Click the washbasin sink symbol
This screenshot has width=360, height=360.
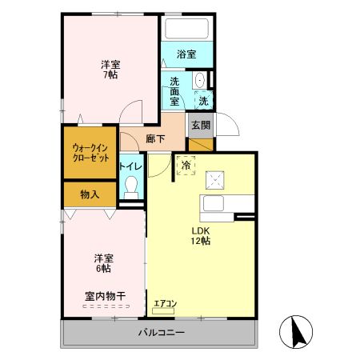pos(198,82)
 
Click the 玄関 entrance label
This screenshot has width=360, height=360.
pos(200,125)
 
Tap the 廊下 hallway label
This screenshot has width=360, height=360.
pos(156,138)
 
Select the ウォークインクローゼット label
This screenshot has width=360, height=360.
pos(90,152)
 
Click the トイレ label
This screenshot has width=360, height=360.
pos(130,166)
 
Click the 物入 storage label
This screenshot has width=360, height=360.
pos(90,194)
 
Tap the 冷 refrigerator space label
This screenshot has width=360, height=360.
pos(186,166)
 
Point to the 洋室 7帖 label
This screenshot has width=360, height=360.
pos(110,70)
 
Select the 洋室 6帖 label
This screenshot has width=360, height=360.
pos(103,263)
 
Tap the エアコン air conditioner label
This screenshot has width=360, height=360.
pos(166,303)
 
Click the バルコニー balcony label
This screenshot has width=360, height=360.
pos(161,332)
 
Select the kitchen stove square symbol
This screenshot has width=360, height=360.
pos(214,180)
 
